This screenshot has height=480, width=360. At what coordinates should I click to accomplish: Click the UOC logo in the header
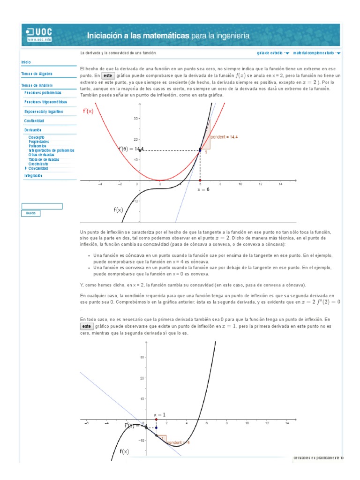coord(39,35)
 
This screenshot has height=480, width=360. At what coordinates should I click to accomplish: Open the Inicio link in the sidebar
coord(26,62)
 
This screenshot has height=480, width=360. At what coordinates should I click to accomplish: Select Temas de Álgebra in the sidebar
coord(37,74)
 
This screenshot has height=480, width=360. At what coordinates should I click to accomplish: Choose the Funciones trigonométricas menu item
coord(45,101)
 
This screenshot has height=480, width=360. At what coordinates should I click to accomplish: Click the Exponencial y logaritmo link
coord(44,112)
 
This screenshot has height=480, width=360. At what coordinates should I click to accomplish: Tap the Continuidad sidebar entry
coord(34,120)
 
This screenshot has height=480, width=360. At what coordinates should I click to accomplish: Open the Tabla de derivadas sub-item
coord(44,159)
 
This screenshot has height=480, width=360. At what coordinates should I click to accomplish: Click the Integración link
coord(33,175)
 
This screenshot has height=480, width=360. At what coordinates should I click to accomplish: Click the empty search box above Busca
coord(42,206)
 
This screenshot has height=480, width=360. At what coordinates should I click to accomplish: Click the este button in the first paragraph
coord(108,75)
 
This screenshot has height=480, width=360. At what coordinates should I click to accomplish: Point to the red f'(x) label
coord(88,111)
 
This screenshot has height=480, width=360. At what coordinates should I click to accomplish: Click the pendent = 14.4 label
coord(225,137)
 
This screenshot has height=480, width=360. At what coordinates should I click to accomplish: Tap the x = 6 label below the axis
coord(203,190)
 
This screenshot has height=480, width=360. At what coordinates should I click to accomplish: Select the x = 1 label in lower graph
coord(160,415)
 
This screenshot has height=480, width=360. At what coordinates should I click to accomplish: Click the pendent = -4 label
coord(178,442)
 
